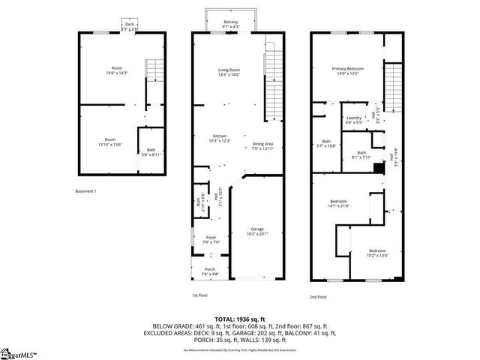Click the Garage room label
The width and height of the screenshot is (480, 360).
tap(257, 231)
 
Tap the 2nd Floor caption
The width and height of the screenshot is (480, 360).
tap(318, 296)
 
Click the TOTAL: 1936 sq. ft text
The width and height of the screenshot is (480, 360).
tap(239, 319)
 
